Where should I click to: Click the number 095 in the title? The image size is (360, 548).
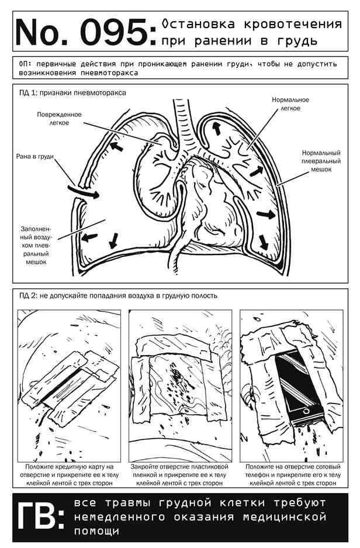(113, 33)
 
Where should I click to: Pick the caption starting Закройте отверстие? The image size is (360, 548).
(179, 475)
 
